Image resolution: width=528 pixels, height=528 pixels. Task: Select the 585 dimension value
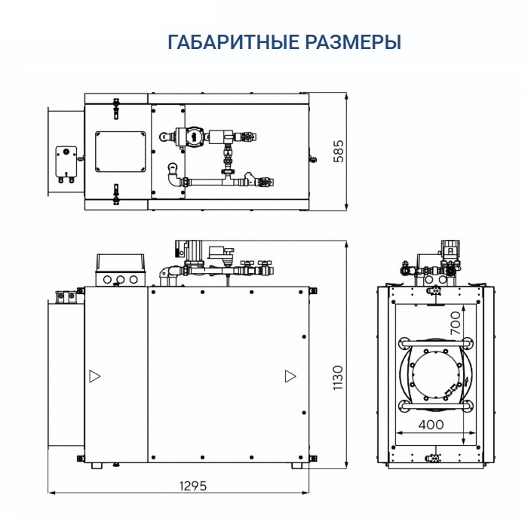pos(339,152)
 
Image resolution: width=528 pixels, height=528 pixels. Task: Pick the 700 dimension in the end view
pos(454,324)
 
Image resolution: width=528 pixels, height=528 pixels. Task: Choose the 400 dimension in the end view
pos(430,425)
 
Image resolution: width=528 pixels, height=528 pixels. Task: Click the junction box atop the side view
pos(119,270)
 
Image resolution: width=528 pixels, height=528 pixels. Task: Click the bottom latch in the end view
pos(434,457)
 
